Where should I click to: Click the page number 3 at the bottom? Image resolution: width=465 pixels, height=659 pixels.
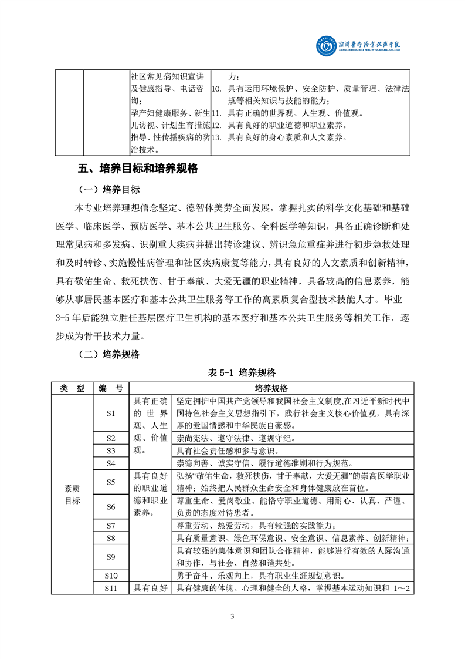coord(232,616)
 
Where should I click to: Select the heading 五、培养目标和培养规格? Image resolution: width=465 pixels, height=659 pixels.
coord(138,169)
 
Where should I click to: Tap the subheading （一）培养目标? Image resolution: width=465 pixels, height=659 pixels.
coord(108,190)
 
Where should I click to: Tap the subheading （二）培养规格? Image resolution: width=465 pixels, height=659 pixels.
coord(108,354)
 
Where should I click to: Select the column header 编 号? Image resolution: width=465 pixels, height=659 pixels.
coord(111,388)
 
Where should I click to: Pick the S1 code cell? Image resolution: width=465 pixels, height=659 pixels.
coord(111,413)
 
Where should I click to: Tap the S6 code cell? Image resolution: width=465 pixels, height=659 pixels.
coord(111,506)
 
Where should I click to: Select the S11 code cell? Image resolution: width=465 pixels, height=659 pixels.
coord(111,588)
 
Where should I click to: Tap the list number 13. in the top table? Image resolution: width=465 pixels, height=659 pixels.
coord(216,138)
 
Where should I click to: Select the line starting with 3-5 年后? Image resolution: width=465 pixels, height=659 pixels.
coord(232,319)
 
